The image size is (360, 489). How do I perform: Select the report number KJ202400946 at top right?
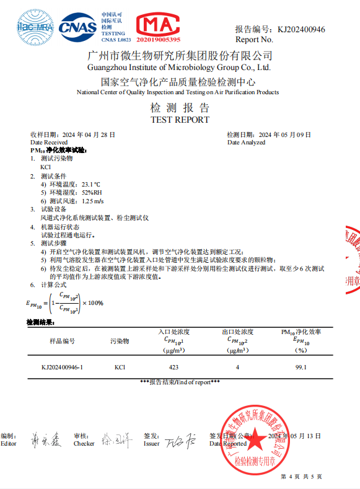click(301, 29)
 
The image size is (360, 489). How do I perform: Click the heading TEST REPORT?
click(180, 120)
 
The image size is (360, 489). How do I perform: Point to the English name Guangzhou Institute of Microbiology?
click(180, 67)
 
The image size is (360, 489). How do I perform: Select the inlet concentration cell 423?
click(173, 368)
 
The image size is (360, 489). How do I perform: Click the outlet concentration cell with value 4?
click(237, 368)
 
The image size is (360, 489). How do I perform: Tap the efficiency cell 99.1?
click(301, 368)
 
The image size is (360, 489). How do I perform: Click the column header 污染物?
click(120, 341)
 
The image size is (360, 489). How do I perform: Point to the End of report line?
click(180, 382)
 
